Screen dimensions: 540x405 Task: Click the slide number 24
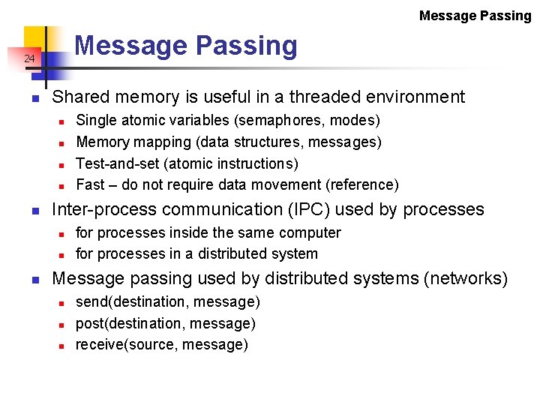[x=28, y=58]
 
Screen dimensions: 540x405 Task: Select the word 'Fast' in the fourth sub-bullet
[x=91, y=184]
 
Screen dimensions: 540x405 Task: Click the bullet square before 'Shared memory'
[x=34, y=97]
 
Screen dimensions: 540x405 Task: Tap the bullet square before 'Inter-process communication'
[x=34, y=210]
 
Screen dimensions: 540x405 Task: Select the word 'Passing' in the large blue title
[x=247, y=46]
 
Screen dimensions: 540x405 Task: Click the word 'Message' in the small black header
[x=447, y=15]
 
